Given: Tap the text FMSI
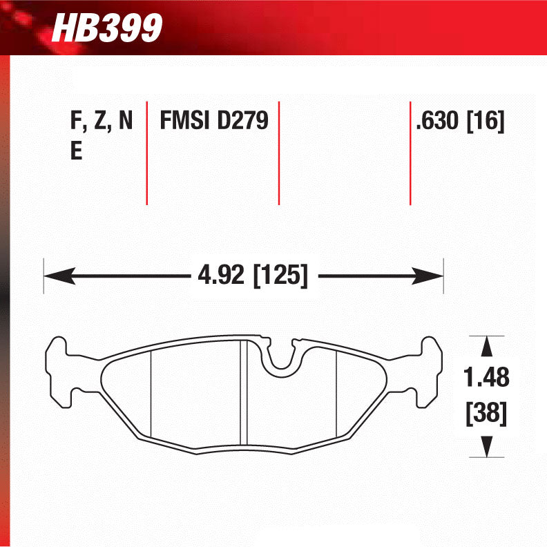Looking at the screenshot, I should pos(185,122).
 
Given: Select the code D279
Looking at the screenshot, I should pos(242,122).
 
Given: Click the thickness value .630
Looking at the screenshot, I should pos(437,122).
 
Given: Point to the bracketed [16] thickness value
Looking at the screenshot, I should pos(486,122).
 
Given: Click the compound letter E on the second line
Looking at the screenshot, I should pos(76,152).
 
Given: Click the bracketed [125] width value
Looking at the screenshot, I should pos(280,277).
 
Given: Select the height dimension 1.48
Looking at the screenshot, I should pos(486,378).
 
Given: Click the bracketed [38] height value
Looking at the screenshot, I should pos(486,414).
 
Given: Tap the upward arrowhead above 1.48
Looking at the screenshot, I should pos(487,346).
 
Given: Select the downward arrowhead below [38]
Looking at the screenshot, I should pos(487,447).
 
